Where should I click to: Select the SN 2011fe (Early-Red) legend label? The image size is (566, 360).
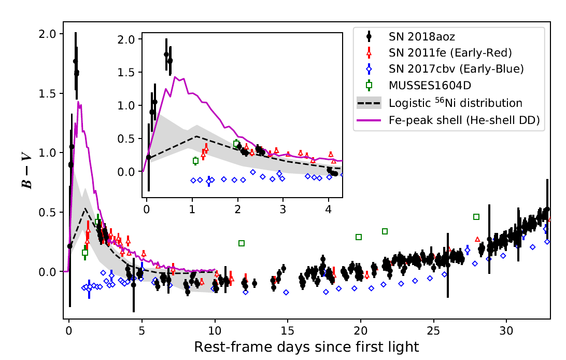(x=450, y=52)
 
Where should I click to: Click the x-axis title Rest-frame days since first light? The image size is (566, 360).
(x=306, y=347)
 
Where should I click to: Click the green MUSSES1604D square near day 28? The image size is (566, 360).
(x=476, y=217)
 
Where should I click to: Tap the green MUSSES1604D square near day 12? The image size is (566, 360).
(x=242, y=243)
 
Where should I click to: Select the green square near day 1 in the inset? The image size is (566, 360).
(x=195, y=161)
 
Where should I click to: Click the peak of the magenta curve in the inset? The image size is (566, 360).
(x=176, y=77)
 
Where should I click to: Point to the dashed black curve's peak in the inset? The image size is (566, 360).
(x=197, y=136)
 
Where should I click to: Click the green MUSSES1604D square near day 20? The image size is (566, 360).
(x=359, y=237)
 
